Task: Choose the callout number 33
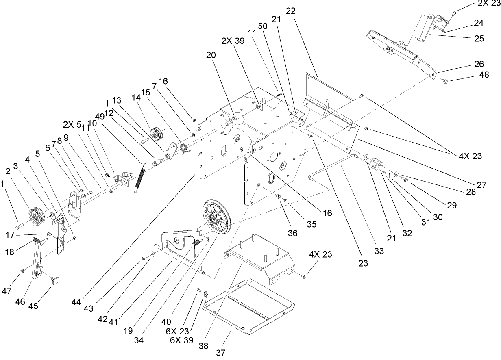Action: [379, 251]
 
